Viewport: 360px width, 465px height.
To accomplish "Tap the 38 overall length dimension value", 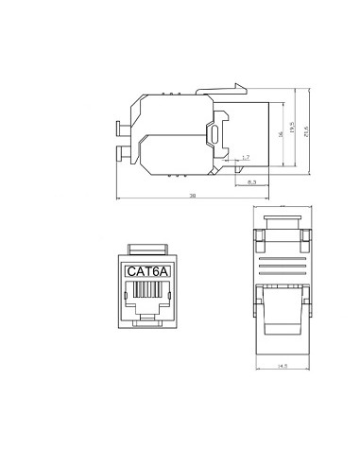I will [192, 195].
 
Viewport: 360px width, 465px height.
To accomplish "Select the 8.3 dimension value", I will [251, 179].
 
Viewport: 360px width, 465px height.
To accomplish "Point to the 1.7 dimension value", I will [246, 157].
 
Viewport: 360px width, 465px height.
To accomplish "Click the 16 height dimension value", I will [281, 133].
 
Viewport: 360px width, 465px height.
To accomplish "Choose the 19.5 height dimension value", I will [293, 128].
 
